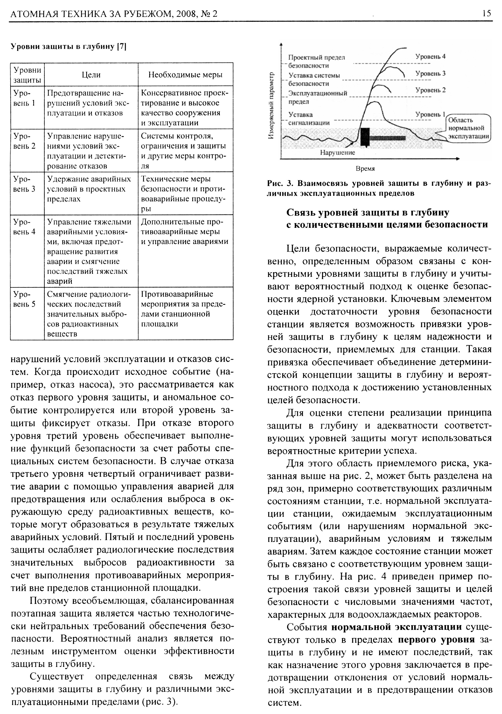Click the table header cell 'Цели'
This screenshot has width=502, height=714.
91,75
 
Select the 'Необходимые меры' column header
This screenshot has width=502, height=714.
185,75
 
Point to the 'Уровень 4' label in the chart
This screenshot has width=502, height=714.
430,57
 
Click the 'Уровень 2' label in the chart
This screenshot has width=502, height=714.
430,90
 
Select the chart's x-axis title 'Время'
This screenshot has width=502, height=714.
365,169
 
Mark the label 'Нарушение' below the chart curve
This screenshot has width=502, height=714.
337,153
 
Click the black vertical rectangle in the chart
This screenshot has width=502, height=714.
365,137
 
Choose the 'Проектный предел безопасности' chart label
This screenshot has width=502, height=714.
316,62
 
